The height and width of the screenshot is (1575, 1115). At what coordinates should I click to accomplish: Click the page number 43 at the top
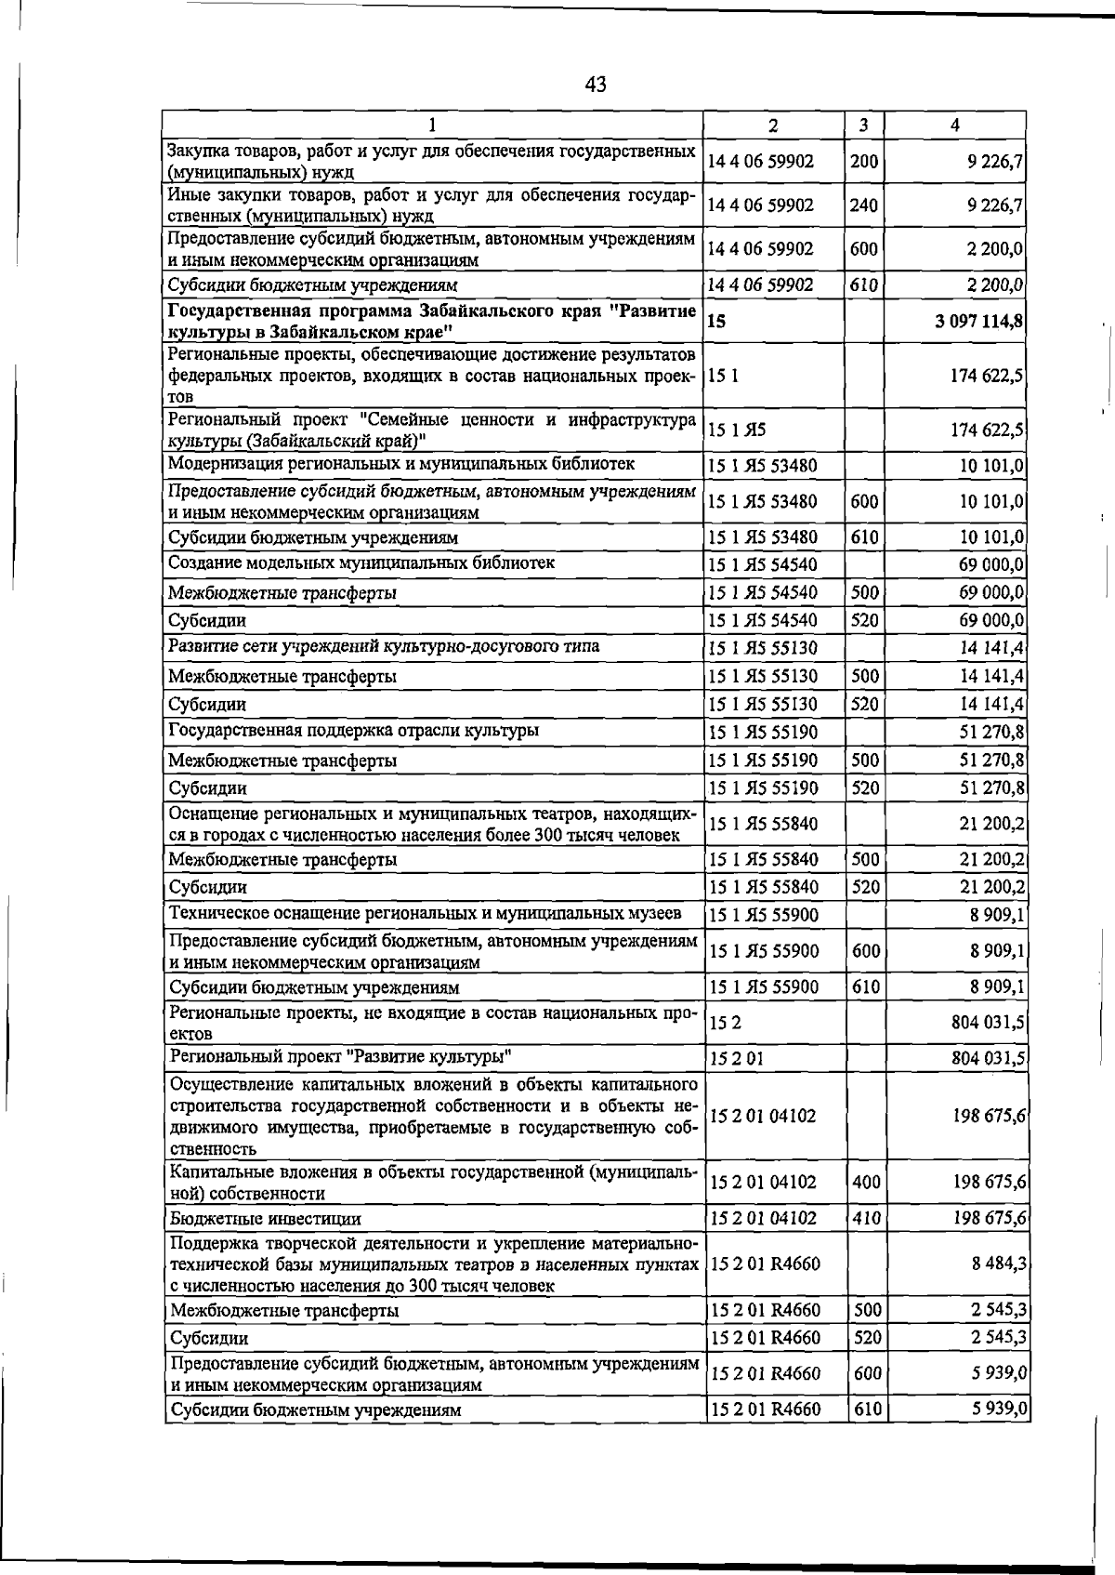coord(596,85)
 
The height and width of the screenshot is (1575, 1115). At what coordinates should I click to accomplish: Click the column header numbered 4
coord(955,126)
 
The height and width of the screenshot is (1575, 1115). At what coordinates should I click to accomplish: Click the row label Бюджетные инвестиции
coord(265,1218)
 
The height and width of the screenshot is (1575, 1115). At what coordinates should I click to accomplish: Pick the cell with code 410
coord(864,1218)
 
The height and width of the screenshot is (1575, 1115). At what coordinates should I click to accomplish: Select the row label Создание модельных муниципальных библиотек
coord(361,563)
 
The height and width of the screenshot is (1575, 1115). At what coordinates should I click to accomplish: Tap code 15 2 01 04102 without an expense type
coord(763,1115)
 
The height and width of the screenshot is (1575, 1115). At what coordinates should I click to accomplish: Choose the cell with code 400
coord(864,1183)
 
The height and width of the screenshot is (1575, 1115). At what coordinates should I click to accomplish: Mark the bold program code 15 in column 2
coord(716,322)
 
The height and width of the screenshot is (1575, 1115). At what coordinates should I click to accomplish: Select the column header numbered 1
coord(432,126)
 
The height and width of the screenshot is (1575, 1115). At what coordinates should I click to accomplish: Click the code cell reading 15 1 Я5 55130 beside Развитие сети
coord(763,648)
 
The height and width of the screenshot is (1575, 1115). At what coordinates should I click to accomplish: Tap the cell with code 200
coord(864,162)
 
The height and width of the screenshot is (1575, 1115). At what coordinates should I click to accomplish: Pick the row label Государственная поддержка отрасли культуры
coord(353,732)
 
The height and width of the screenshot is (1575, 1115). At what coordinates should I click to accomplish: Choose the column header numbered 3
coord(864,126)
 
